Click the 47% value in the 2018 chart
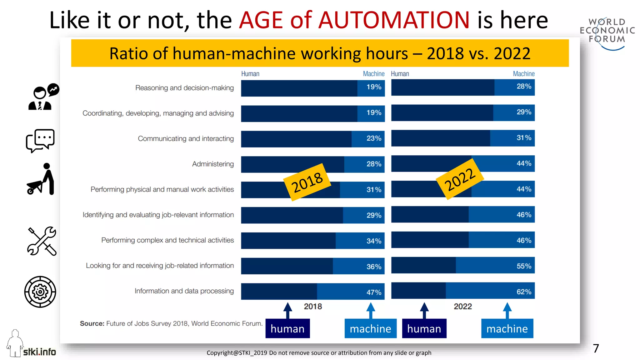(374, 292)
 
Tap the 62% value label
(524, 292)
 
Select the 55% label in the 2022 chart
(524, 266)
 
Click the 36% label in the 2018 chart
(374, 267)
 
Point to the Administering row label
(213, 164)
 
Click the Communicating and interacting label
(186, 138)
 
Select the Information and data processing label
(184, 291)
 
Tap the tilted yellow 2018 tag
(307, 182)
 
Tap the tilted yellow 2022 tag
(460, 179)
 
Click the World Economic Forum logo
(607, 33)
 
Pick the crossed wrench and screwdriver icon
(42, 241)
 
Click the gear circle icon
(40, 292)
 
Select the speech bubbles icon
(40, 141)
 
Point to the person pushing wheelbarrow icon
(41, 180)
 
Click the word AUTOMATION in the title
(394, 20)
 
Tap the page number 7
(596, 348)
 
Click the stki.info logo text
(39, 352)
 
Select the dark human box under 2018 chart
(287, 328)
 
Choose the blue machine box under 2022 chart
(507, 328)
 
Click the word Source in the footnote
(92, 323)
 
